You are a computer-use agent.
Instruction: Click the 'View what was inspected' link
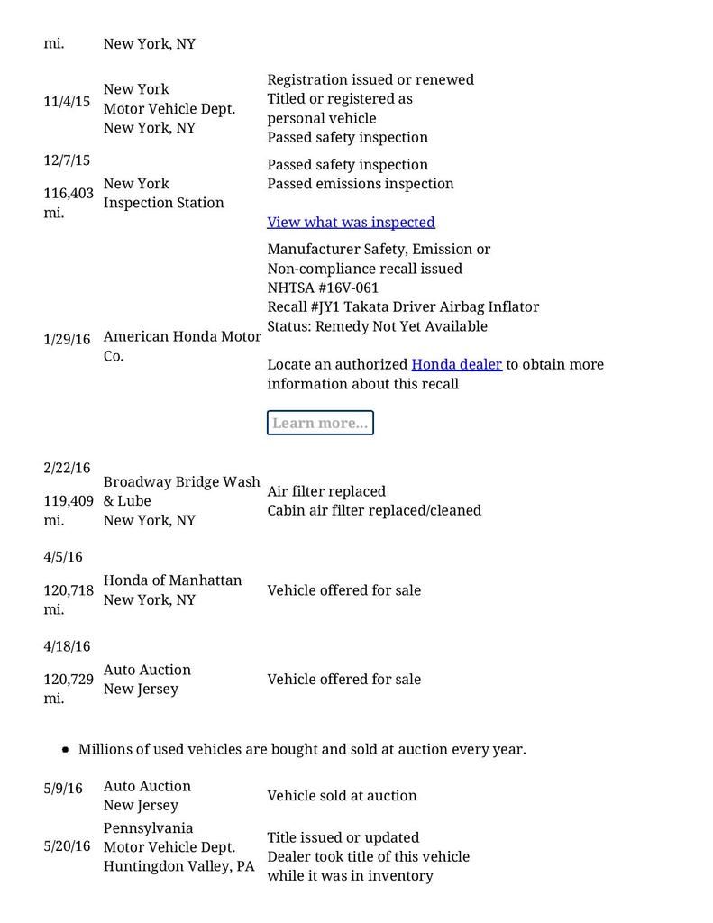tap(351, 222)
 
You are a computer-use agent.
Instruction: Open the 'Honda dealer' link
tap(456, 364)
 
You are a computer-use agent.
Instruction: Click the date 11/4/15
tap(67, 102)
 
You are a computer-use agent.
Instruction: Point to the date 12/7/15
tap(67, 160)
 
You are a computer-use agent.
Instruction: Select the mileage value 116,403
tap(69, 193)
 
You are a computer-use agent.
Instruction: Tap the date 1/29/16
tap(67, 340)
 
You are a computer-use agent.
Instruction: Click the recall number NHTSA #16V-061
tap(323, 288)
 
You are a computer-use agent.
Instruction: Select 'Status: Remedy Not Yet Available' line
tap(377, 326)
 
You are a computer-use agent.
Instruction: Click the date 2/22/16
tap(67, 468)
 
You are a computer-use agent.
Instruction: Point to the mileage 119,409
tap(69, 500)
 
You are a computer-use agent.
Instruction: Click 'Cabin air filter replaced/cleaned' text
tap(374, 510)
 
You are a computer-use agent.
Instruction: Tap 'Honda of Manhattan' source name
tap(172, 580)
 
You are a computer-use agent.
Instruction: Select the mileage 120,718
tap(69, 590)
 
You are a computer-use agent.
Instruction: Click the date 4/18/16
tap(67, 646)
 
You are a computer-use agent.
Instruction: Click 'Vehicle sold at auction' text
tap(342, 796)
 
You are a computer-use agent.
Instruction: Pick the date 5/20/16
tap(67, 846)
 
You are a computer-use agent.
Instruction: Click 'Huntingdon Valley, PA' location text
tap(178, 866)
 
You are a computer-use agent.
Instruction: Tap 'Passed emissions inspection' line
tap(361, 184)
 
